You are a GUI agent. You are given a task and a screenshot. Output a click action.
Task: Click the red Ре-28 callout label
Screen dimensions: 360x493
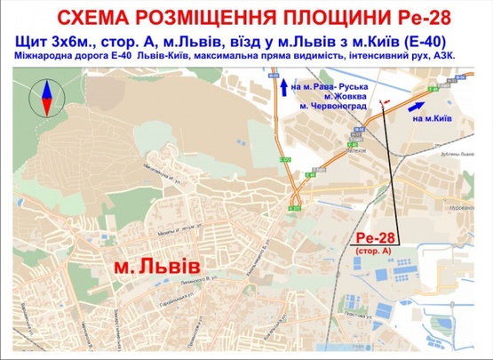[375, 238]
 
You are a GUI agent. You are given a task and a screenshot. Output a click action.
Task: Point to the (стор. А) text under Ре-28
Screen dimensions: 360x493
[375, 252]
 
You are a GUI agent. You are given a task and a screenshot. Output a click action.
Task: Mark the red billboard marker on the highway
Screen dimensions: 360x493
[383, 104]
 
